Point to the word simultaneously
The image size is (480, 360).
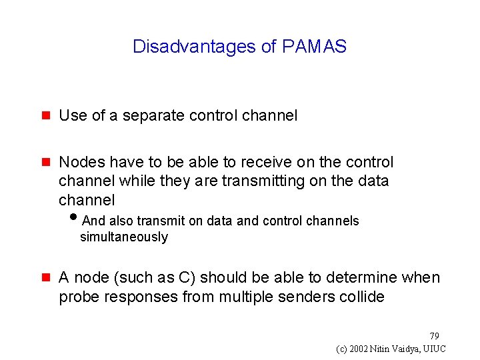[x=124, y=237]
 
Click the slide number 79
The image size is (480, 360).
[x=434, y=335]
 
